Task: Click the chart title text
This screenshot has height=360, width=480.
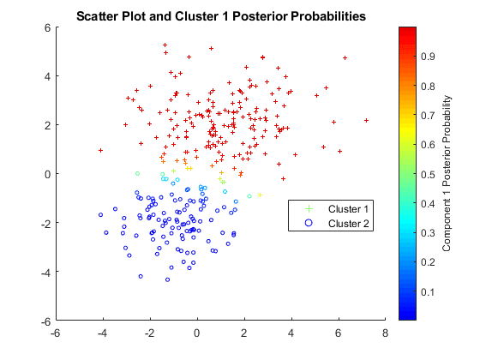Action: pyautogui.click(x=220, y=16)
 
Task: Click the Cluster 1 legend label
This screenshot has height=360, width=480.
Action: pyautogui.click(x=348, y=209)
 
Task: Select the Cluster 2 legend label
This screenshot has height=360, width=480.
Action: pyautogui.click(x=348, y=223)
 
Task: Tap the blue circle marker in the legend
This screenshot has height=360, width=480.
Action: pyautogui.click(x=309, y=223)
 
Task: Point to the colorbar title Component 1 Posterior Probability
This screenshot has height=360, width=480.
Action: pyautogui.click(x=447, y=173)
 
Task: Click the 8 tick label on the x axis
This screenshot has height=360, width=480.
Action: pyautogui.click(x=385, y=333)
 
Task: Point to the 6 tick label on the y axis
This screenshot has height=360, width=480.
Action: pyautogui.click(x=49, y=27)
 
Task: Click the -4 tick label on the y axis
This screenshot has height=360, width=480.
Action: pyautogui.click(x=46, y=272)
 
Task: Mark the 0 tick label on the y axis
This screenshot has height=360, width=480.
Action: pyautogui.click(x=49, y=174)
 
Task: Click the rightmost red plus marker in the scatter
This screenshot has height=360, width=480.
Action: pyautogui.click(x=366, y=121)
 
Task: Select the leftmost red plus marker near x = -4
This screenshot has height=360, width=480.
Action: pyautogui.click(x=100, y=150)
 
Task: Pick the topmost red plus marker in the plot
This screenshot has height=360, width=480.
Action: pyautogui.click(x=165, y=45)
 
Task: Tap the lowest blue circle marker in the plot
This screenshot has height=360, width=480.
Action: pyautogui.click(x=168, y=279)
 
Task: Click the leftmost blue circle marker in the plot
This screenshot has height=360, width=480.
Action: pyautogui.click(x=100, y=215)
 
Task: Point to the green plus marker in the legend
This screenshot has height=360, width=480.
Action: pyautogui.click(x=309, y=209)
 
